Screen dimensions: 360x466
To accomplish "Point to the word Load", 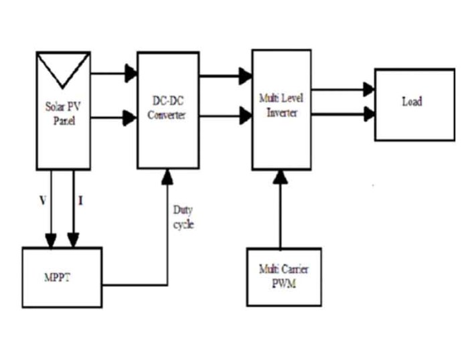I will click(412, 102).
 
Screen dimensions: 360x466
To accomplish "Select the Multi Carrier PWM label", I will click(283, 274).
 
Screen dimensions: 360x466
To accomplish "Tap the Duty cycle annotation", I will click(183, 217).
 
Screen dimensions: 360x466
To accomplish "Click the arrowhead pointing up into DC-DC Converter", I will click(166, 176).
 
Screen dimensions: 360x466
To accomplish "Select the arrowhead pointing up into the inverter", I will click(281, 177).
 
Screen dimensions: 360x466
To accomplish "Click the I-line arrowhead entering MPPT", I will click(74, 240).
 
